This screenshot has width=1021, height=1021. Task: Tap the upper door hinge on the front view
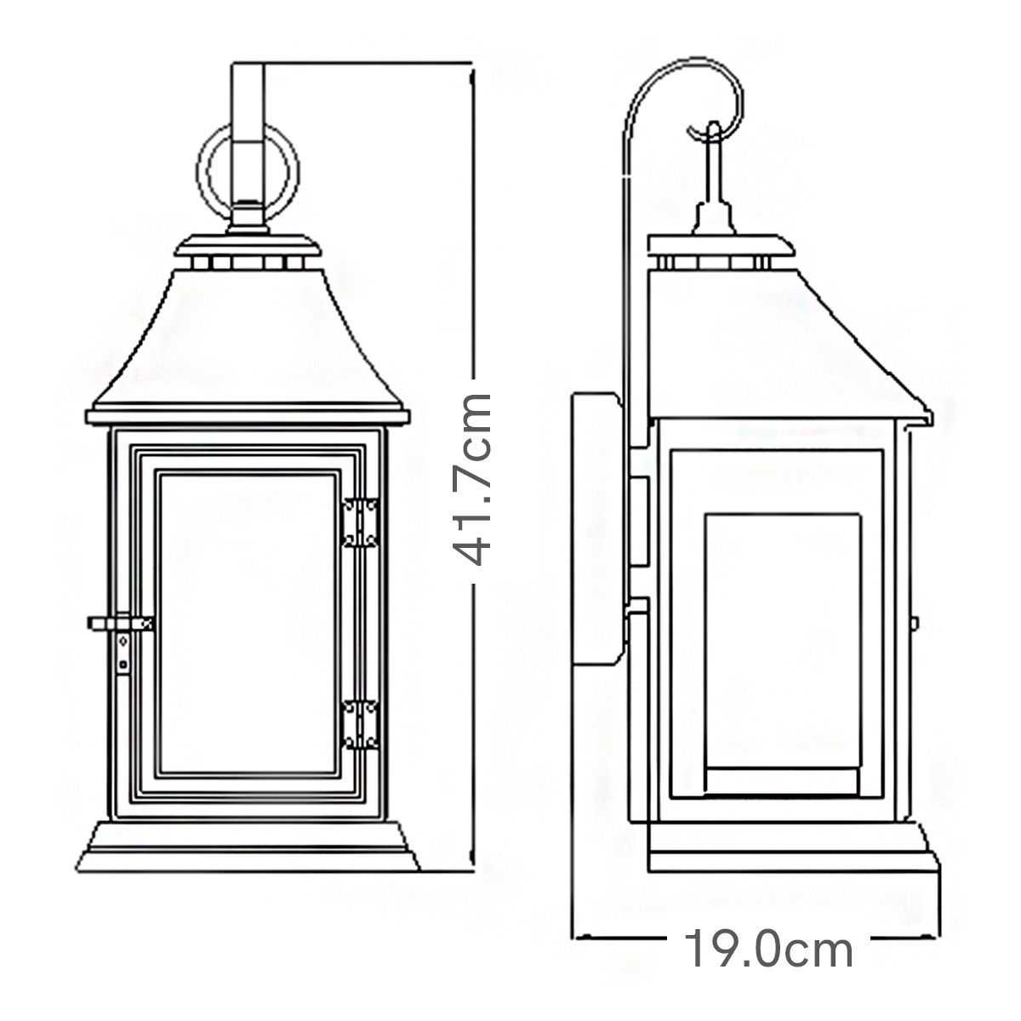361,522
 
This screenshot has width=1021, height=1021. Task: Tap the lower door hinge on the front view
361,724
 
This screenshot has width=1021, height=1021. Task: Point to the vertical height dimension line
471,255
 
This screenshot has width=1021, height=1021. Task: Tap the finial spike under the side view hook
713,200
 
